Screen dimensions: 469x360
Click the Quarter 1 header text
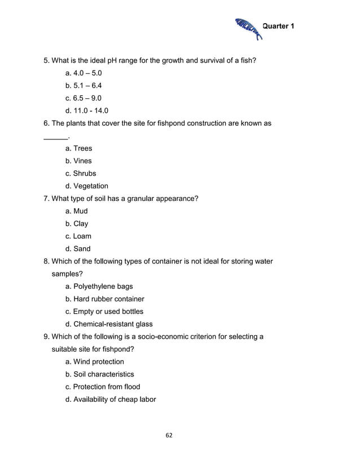point(279,27)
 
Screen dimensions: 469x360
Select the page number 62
point(169,435)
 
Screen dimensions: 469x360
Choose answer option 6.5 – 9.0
point(84,98)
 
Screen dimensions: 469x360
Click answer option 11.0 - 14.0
point(87,111)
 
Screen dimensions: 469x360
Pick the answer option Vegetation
point(87,186)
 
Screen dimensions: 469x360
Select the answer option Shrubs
point(81,173)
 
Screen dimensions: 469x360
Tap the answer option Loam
point(78,236)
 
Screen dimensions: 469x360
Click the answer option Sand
point(78,249)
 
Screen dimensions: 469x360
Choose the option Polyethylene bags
point(99,287)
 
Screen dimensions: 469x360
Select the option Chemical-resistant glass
point(109,325)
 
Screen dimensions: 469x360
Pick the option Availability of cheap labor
point(111,400)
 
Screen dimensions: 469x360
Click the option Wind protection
point(95,362)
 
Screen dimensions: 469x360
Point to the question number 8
point(47,261)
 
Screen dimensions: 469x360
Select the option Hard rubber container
point(105,299)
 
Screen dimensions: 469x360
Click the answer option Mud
point(77,211)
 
